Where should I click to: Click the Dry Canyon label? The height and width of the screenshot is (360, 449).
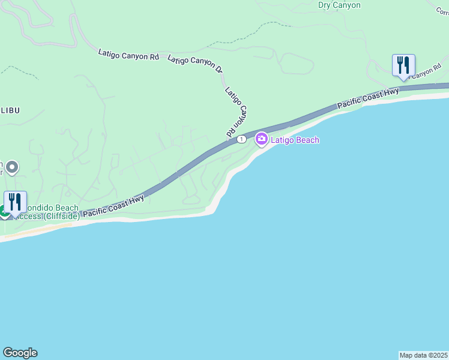(339, 5)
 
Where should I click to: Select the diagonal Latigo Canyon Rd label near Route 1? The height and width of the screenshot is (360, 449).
(237, 112)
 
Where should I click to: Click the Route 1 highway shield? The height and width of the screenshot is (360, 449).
(241, 139)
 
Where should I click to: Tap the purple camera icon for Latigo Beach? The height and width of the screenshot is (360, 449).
(261, 139)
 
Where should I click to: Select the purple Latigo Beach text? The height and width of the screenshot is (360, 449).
(295, 140)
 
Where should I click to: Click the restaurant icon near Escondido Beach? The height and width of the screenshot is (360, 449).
(15, 201)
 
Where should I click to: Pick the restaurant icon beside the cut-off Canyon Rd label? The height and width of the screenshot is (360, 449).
(403, 65)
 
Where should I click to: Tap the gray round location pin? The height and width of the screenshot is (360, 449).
(12, 167)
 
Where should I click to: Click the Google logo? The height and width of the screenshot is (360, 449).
(20, 353)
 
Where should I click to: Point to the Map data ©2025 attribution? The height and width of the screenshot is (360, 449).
(423, 355)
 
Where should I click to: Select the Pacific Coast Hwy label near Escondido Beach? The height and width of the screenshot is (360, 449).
(113, 205)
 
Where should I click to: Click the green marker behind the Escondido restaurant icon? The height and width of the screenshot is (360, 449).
(3, 211)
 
